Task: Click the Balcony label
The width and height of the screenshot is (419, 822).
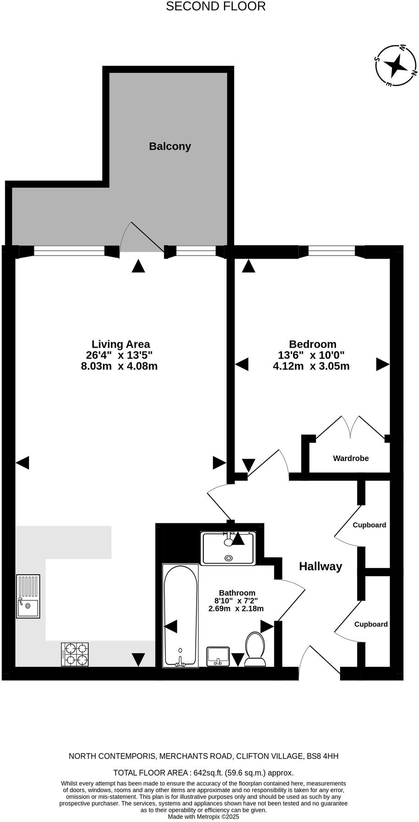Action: [x=170, y=146]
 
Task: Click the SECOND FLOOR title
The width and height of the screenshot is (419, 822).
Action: [x=215, y=6]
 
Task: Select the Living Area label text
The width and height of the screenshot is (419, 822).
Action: [x=121, y=344]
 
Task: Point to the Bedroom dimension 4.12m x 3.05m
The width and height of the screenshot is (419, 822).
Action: [x=311, y=366]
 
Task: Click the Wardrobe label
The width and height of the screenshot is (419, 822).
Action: [x=351, y=458]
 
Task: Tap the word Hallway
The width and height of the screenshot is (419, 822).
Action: [x=320, y=567]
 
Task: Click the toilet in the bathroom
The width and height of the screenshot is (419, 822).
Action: [x=255, y=649]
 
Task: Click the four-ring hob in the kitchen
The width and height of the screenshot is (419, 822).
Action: [x=75, y=655]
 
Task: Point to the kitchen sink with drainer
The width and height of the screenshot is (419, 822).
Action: [x=28, y=596]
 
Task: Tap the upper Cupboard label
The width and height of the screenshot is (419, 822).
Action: [x=369, y=525]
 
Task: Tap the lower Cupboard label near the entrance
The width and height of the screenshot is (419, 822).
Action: [x=370, y=624]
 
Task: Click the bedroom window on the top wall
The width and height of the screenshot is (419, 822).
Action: [x=331, y=250]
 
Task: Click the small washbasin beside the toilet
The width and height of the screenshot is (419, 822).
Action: [x=218, y=656]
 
